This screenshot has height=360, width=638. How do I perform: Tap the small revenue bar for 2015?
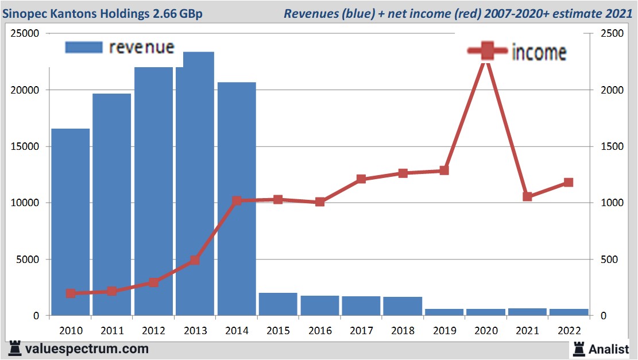[278, 304]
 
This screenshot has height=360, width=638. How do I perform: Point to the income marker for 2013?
[194, 260]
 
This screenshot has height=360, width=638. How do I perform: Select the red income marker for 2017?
[361, 179]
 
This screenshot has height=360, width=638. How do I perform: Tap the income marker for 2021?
[528, 196]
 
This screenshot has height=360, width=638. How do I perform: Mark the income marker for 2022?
[569, 183]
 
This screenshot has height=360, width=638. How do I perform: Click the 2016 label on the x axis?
[319, 331]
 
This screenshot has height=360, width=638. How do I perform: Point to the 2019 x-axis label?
[444, 331]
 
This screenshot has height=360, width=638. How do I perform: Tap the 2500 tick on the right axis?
[612, 34]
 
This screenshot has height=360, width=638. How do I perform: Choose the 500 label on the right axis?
[609, 260]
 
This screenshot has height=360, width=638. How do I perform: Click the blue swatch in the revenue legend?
[83, 47]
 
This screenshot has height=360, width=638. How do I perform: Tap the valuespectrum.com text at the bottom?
[87, 349]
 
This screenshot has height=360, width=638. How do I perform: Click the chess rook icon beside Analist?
[578, 348]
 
